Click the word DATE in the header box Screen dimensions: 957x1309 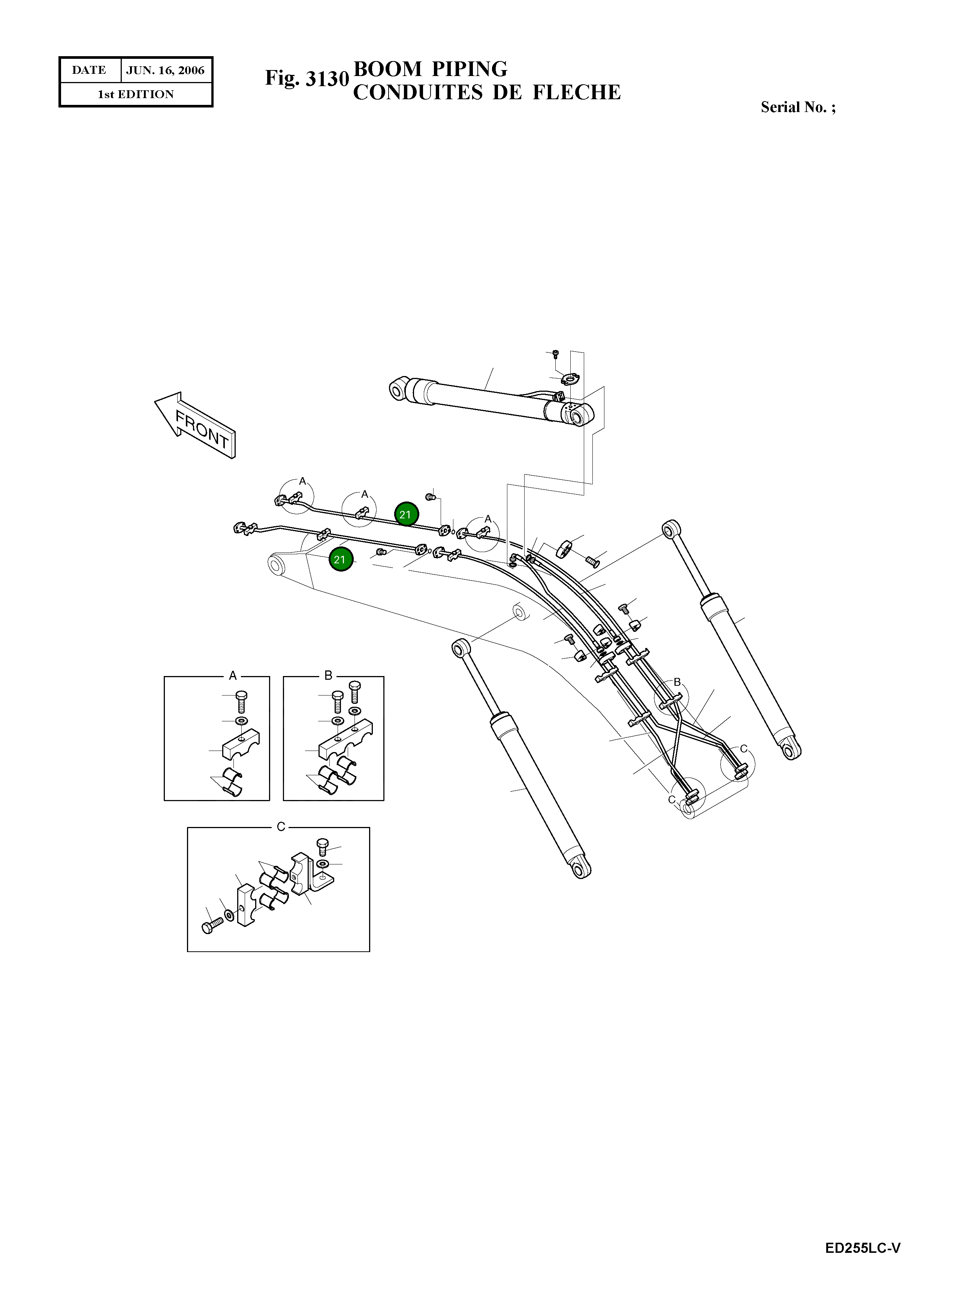pyautogui.click(x=89, y=70)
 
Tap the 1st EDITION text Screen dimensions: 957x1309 pyautogui.click(x=136, y=94)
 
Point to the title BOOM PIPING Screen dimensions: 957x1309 pyautogui.click(x=431, y=69)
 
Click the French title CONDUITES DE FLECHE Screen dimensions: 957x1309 pyautogui.click(x=487, y=93)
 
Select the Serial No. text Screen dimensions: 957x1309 pyautogui.click(x=798, y=107)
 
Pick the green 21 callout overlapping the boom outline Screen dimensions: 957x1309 pyautogui.click(x=340, y=560)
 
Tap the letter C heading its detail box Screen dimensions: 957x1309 pyautogui.click(x=281, y=827)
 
